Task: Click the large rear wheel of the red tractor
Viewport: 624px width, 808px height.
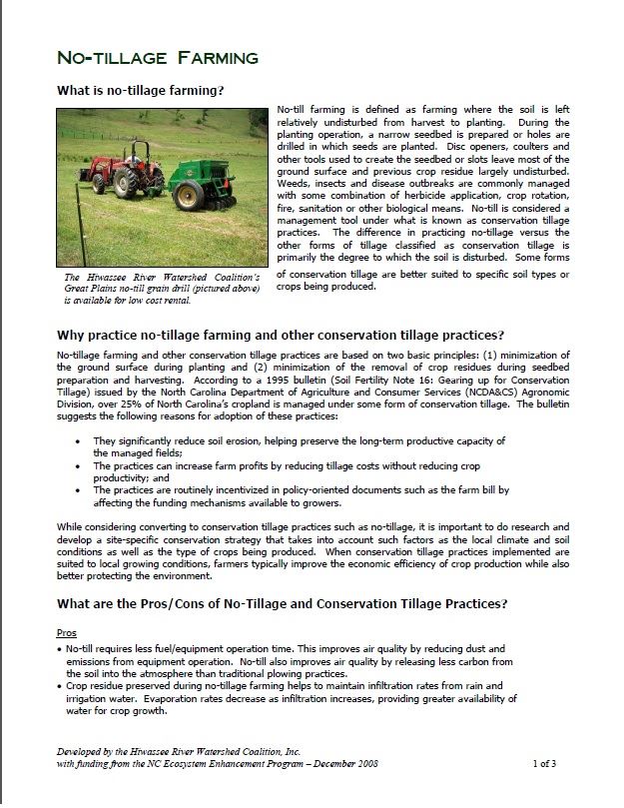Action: point(126,183)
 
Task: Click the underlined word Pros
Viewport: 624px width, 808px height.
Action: point(68,633)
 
